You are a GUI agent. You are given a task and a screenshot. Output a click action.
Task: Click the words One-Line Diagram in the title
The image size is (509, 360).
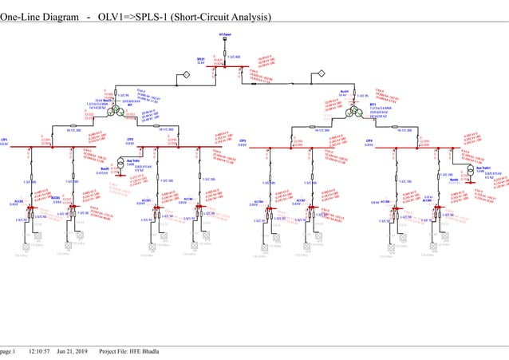39,17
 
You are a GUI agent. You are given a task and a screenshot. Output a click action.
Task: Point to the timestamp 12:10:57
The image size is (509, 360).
39,351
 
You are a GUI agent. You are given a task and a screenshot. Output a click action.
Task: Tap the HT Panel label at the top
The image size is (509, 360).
226,35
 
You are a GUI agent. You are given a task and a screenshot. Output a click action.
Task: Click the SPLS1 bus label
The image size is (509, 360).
201,58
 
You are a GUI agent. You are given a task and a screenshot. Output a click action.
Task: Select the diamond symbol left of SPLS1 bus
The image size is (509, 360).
180,74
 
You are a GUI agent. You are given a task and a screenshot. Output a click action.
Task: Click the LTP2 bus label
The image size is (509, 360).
130,140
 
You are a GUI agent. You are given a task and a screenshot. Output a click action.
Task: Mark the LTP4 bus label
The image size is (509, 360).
368,140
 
